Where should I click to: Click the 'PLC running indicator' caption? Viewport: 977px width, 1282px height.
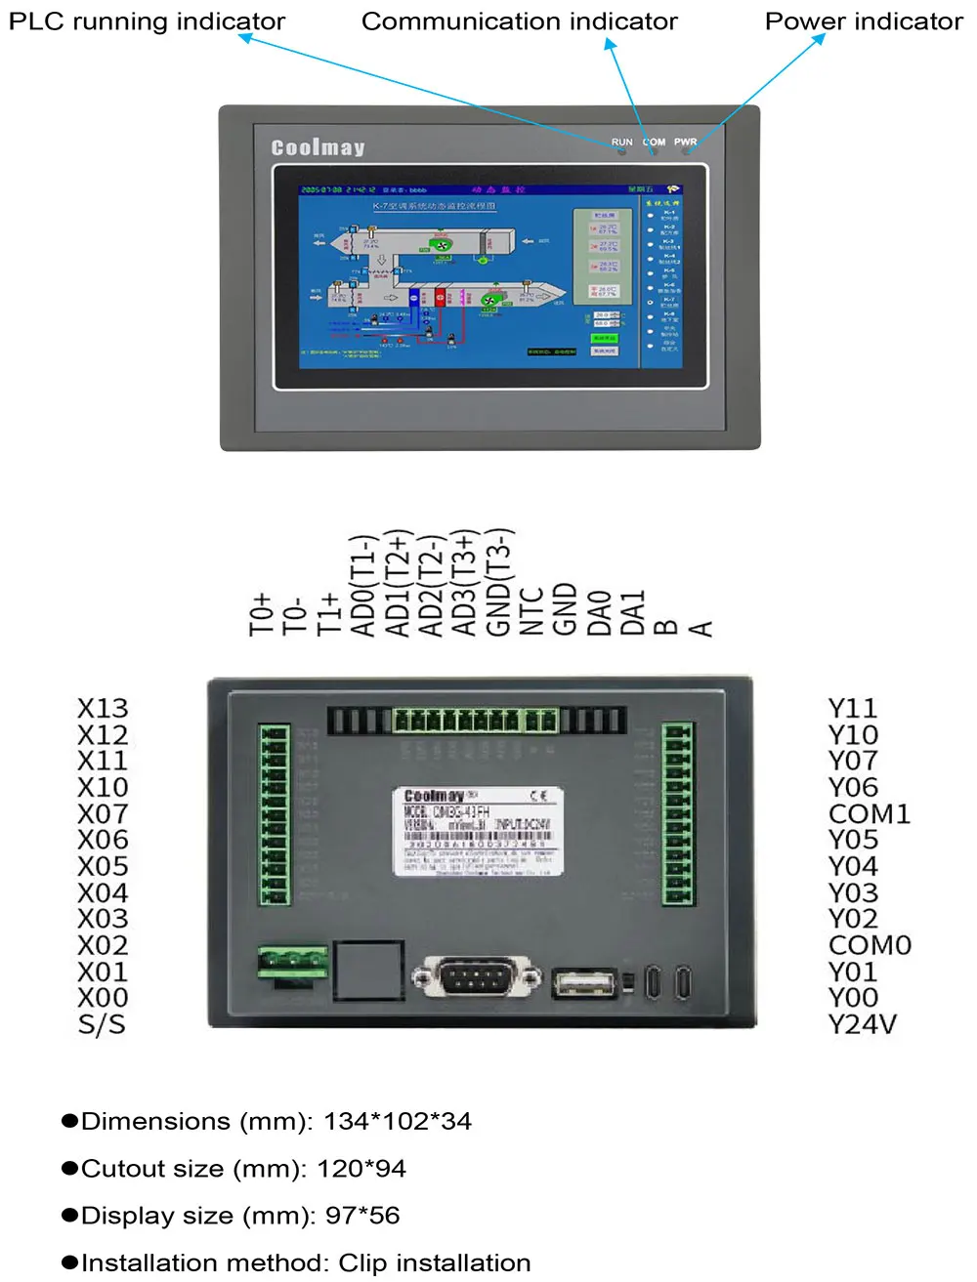(147, 21)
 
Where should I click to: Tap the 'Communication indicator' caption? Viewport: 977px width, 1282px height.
(519, 21)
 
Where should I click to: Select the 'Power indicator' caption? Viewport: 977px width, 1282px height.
(864, 21)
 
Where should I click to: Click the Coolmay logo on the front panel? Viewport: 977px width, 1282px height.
(318, 147)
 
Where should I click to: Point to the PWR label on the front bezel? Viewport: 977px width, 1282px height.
(685, 143)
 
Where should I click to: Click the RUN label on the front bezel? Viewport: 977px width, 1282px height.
(621, 143)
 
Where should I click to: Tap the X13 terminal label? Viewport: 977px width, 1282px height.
(103, 708)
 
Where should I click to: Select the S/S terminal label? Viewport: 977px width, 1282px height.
(102, 1024)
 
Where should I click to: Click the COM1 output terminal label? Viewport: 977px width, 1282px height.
(869, 813)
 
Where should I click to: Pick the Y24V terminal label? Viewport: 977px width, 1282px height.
(862, 1024)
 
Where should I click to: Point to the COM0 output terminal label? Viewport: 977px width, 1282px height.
(869, 945)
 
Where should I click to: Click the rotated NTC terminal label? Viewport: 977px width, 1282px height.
(531, 611)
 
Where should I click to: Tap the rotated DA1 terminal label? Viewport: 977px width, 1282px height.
(633, 612)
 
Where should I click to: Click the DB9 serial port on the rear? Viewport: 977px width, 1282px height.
(477, 977)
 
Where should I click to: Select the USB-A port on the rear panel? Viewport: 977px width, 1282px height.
(584, 981)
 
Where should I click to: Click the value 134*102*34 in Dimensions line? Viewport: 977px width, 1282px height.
(398, 1121)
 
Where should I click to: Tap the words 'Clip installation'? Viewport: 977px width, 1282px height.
(435, 1262)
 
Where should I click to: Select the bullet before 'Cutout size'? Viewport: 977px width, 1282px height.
(69, 1169)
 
